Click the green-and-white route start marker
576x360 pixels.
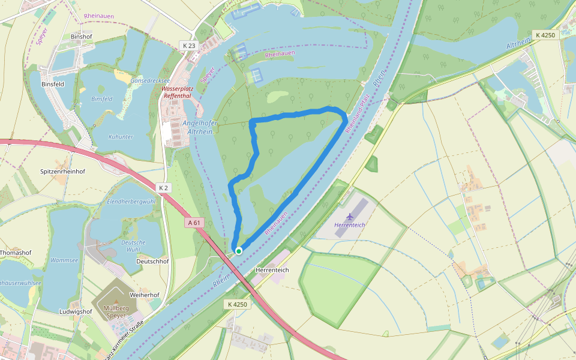pyautogui.click(x=239, y=251)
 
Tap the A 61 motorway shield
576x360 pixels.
pyautogui.click(x=193, y=223)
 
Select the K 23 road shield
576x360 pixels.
pyautogui.click(x=188, y=46)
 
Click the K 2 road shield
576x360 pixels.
pyautogui.click(x=164, y=188)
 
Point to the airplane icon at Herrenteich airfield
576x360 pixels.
pyautogui.click(x=350, y=216)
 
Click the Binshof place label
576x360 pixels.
pyautogui.click(x=82, y=37)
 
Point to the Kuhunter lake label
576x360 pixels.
pyautogui.click(x=121, y=137)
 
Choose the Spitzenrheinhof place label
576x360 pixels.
pyautogui.click(x=62, y=171)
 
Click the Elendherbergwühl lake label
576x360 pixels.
pyautogui.click(x=131, y=202)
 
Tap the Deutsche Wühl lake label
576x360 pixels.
pyautogui.click(x=133, y=245)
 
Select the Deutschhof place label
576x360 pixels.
pyautogui.click(x=152, y=261)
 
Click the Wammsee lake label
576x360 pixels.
pyautogui.click(x=65, y=260)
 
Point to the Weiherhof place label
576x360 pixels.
pyautogui.click(x=144, y=295)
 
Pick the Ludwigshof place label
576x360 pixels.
pyautogui.click(x=76, y=311)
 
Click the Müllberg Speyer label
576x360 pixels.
pyautogui.click(x=116, y=312)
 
